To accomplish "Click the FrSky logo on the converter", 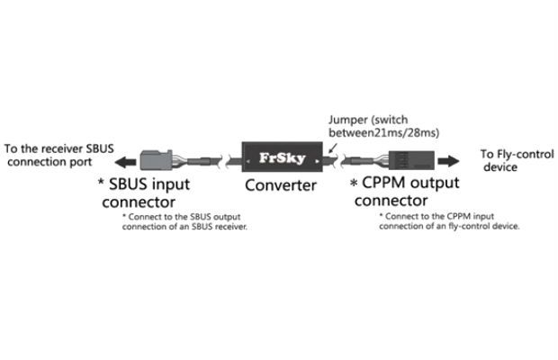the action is pyautogui.click(x=283, y=157).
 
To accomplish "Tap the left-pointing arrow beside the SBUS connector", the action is pyautogui.click(x=125, y=162).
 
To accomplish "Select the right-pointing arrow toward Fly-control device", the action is pyautogui.click(x=448, y=161).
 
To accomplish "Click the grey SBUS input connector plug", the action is pyautogui.click(x=157, y=160).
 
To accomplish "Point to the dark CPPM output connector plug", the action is pyautogui.click(x=411, y=160).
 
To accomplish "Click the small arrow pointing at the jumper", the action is pyautogui.click(x=333, y=148).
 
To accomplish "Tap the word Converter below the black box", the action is pyautogui.click(x=281, y=185).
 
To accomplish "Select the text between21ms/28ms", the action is pyautogui.click(x=383, y=132).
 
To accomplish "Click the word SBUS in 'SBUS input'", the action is pyautogui.click(x=128, y=184).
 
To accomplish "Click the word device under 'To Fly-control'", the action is pyautogui.click(x=500, y=166).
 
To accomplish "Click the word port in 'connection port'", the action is pyautogui.click(x=80, y=162).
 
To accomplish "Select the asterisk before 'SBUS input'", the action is pyautogui.click(x=101, y=183).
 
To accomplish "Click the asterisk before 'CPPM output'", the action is pyautogui.click(x=354, y=184).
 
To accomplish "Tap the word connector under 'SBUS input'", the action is pyautogui.click(x=139, y=202).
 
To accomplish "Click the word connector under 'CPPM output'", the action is pyautogui.click(x=391, y=201).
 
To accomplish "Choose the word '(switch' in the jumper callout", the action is pyautogui.click(x=390, y=121).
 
